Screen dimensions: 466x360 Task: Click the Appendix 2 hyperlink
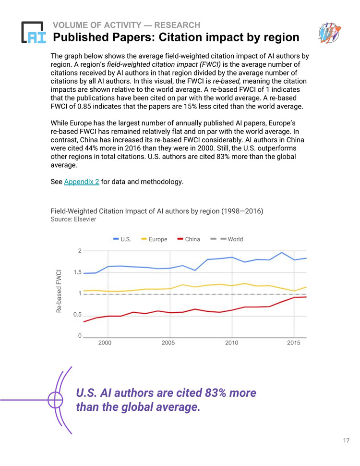[81, 182]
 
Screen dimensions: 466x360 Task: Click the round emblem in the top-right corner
[329, 32]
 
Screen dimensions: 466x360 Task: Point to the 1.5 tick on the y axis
[77, 272]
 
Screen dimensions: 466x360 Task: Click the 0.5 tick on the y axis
[77, 315]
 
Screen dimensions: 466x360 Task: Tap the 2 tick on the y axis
[79, 251]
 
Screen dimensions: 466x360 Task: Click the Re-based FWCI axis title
[59, 291]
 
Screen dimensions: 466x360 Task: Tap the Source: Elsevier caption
[73, 219]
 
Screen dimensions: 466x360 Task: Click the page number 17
[346, 441]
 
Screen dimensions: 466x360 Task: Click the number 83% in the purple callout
[216, 393]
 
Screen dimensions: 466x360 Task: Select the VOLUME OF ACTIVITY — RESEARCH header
[127, 25]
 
